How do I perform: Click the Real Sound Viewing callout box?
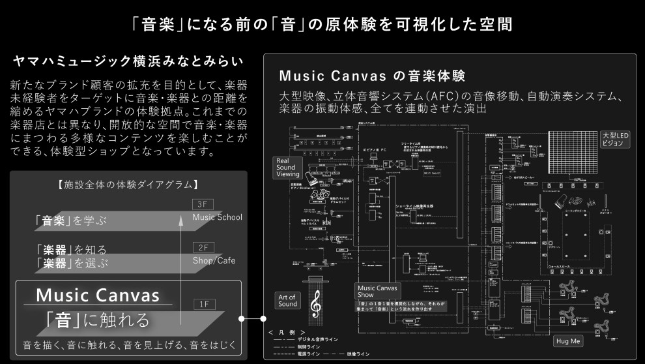(x=287, y=167)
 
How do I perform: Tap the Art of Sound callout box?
(x=287, y=300)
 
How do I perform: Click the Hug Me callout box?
(x=568, y=341)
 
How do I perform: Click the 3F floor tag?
(x=203, y=204)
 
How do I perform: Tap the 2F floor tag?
(x=203, y=248)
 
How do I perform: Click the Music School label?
(x=218, y=217)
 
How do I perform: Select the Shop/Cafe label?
(x=214, y=260)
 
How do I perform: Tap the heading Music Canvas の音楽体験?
(x=372, y=75)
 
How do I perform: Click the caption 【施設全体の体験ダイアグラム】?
(x=128, y=185)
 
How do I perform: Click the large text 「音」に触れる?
(x=98, y=320)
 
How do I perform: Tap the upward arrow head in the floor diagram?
(x=180, y=221)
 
